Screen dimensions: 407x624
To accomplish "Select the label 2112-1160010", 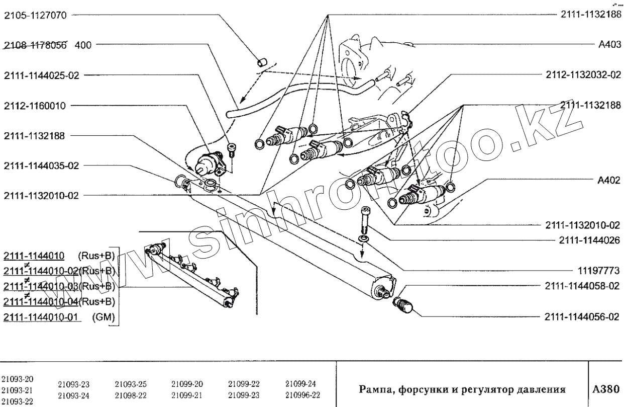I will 37,106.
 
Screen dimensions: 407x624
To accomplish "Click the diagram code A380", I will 606,389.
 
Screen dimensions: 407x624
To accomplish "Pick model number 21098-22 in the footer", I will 131,395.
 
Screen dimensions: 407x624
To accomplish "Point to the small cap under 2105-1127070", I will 261,62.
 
